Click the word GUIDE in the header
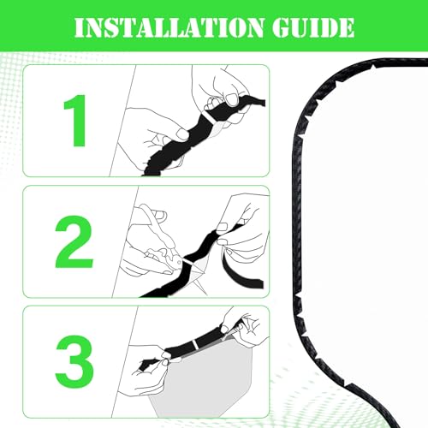click(x=313, y=27)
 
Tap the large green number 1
click(x=75, y=121)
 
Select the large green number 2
click(x=74, y=242)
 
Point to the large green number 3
click(x=74, y=362)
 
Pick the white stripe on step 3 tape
click(x=195, y=344)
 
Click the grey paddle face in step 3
click(x=199, y=379)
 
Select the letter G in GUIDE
click(x=282, y=28)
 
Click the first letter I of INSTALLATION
click(x=80, y=28)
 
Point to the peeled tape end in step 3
click(x=148, y=364)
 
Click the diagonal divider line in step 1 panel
click(x=123, y=121)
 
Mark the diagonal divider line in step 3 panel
click(x=125, y=362)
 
